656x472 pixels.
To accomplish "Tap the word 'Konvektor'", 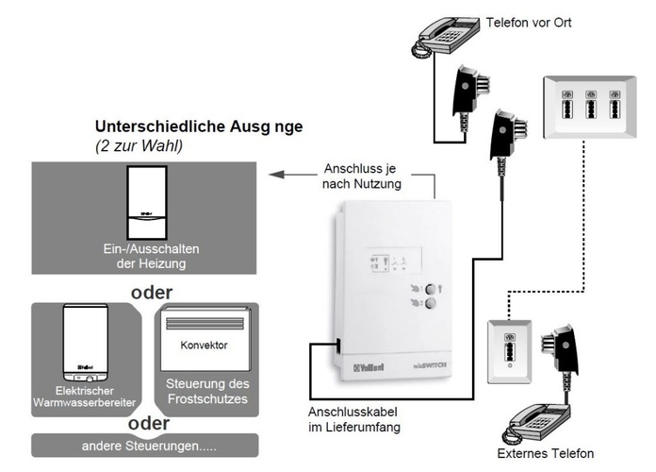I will click(x=204, y=345).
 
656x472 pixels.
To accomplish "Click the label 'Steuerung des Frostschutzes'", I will click(x=207, y=391).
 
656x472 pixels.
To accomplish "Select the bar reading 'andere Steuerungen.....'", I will click(x=144, y=445).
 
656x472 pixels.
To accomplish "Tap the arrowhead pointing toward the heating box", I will click(x=273, y=174).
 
